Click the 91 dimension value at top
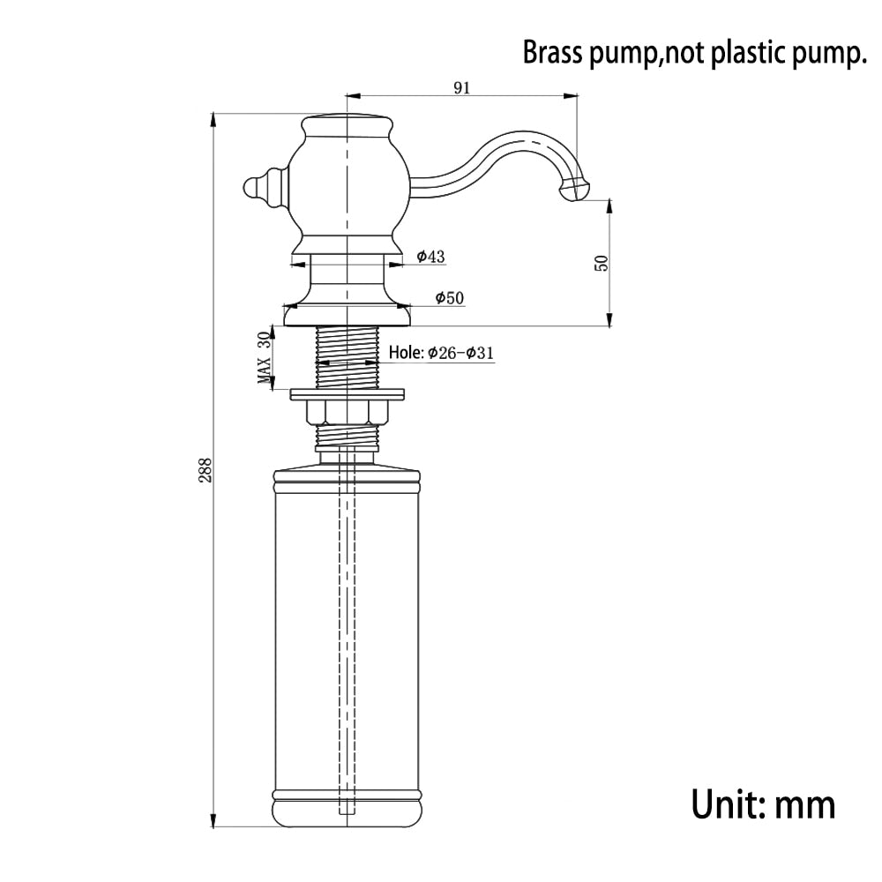pos(462,86)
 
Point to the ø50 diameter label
pos(449,298)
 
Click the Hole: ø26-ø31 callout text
pos(441,353)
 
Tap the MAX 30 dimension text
pos(263,359)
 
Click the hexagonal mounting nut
pos(349,411)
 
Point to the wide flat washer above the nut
pos(349,392)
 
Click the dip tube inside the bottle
pos(349,617)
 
